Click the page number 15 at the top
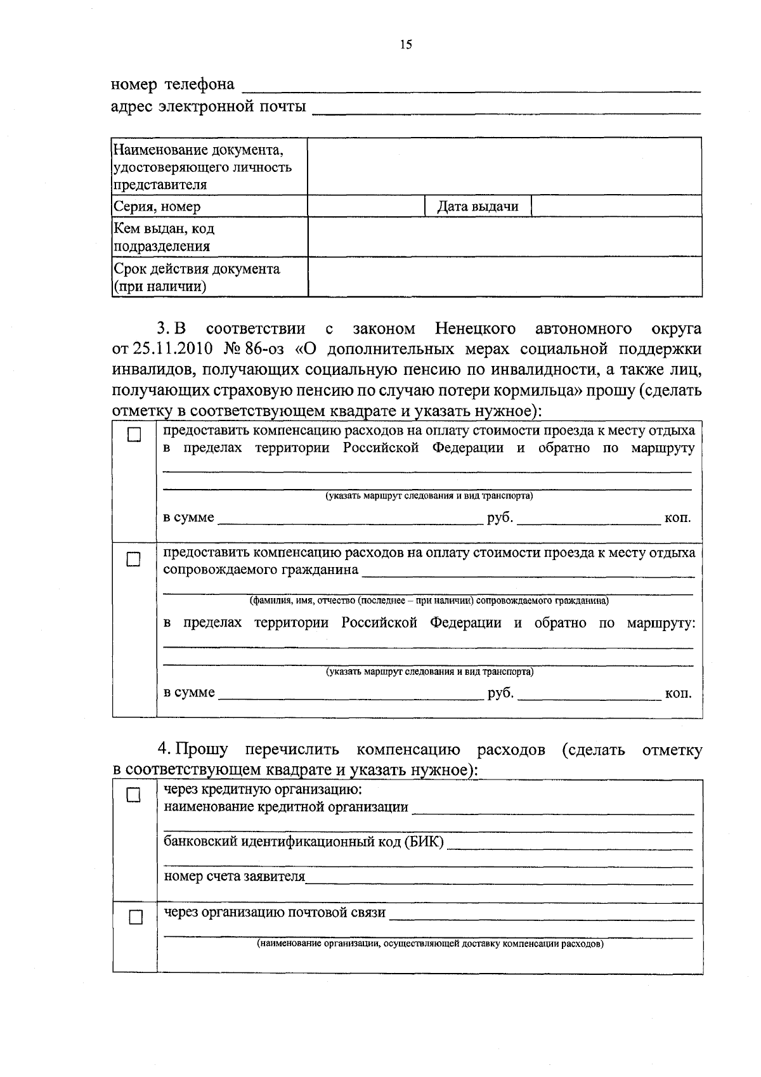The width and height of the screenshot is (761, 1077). (x=406, y=44)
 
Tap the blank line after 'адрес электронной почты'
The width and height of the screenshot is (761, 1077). (x=507, y=112)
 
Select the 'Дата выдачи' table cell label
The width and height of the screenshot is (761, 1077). (x=478, y=206)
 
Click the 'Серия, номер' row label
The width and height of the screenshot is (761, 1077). (x=157, y=206)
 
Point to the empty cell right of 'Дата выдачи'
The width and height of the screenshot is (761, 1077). (x=616, y=206)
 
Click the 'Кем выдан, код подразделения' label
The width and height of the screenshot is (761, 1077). (x=164, y=237)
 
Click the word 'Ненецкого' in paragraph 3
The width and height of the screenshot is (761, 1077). (x=475, y=329)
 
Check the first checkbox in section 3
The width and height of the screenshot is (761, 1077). (x=134, y=435)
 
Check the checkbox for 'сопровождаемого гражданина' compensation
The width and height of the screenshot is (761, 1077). (x=134, y=559)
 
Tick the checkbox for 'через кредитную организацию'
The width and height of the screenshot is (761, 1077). (x=133, y=795)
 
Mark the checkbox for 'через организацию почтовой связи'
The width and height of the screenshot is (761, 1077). (x=135, y=917)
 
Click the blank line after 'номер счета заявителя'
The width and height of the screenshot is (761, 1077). (x=498, y=881)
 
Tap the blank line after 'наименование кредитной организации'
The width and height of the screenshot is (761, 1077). (x=552, y=811)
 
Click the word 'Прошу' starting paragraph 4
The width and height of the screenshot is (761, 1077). (x=202, y=750)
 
